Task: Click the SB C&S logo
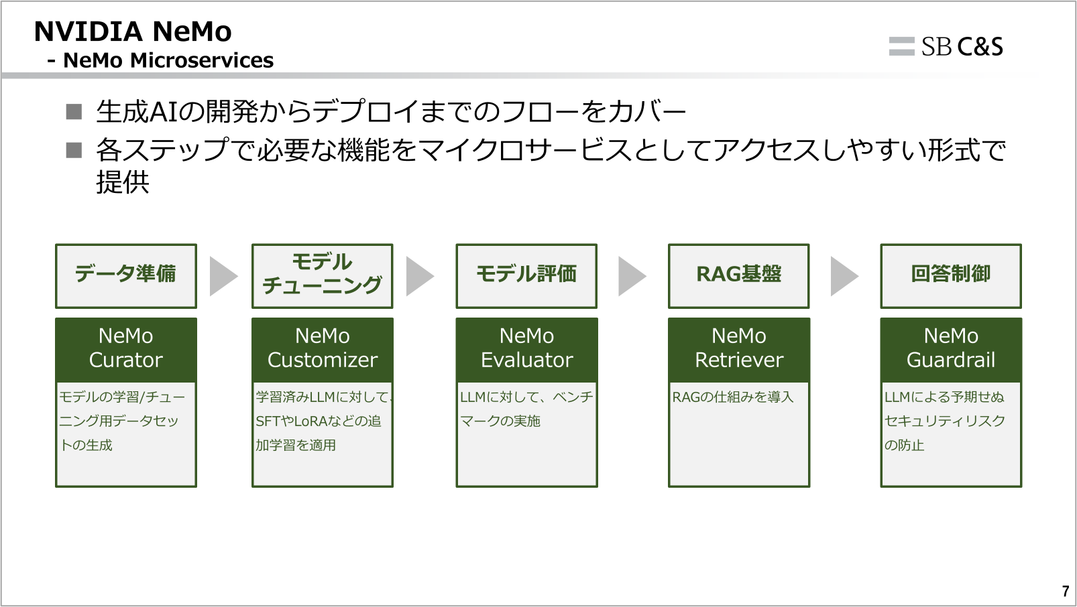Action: pyautogui.click(x=946, y=46)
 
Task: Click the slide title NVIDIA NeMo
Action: pyautogui.click(x=133, y=31)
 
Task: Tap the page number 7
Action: pyautogui.click(x=1065, y=591)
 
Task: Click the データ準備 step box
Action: pyautogui.click(x=126, y=275)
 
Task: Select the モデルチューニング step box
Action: pyautogui.click(x=322, y=275)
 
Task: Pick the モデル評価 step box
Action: pyautogui.click(x=526, y=275)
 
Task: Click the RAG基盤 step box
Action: pyautogui.click(x=738, y=275)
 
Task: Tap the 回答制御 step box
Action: pyautogui.click(x=950, y=275)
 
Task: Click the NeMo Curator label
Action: pyautogui.click(x=126, y=348)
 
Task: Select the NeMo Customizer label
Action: pyautogui.click(x=322, y=348)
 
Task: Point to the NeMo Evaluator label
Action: pyautogui.click(x=526, y=348)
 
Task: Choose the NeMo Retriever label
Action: pyautogui.click(x=738, y=348)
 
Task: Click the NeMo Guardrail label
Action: pyautogui.click(x=950, y=348)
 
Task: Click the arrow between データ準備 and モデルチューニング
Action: pyautogui.click(x=223, y=276)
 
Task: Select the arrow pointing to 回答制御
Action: pyautogui.click(x=844, y=276)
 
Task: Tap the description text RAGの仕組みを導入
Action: pyautogui.click(x=732, y=397)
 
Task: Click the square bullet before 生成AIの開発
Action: pyautogui.click(x=74, y=112)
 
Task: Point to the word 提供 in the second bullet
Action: pyautogui.click(x=123, y=182)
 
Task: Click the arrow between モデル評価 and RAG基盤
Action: pyautogui.click(x=631, y=276)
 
